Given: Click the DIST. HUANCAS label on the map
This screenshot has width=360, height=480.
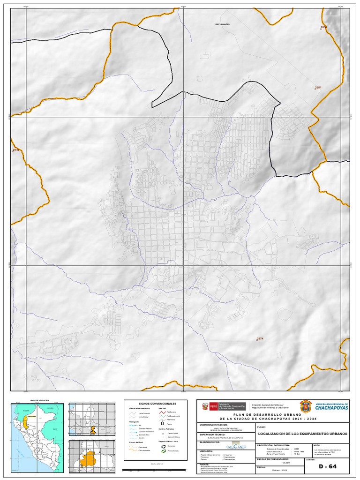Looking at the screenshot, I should coord(222,23).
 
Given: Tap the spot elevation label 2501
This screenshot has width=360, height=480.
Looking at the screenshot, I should coord(318,88).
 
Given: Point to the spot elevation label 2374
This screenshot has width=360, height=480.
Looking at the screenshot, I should coord(260,339).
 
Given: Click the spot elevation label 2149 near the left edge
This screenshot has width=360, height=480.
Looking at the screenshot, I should coord(15,150).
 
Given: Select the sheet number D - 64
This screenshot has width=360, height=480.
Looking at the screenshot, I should coord(328,466).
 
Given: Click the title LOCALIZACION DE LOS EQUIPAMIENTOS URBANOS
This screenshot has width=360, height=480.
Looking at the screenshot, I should coord(302,434).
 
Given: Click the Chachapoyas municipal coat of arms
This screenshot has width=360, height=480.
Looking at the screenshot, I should coord(305,406).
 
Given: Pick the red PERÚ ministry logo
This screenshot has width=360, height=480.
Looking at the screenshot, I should coord(210,406).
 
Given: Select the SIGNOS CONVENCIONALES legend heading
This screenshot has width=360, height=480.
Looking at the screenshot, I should coord(157,404).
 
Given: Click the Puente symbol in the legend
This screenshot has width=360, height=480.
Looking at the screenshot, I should coord(162,423).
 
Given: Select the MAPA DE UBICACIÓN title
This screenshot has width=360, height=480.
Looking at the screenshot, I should coord(39,400).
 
